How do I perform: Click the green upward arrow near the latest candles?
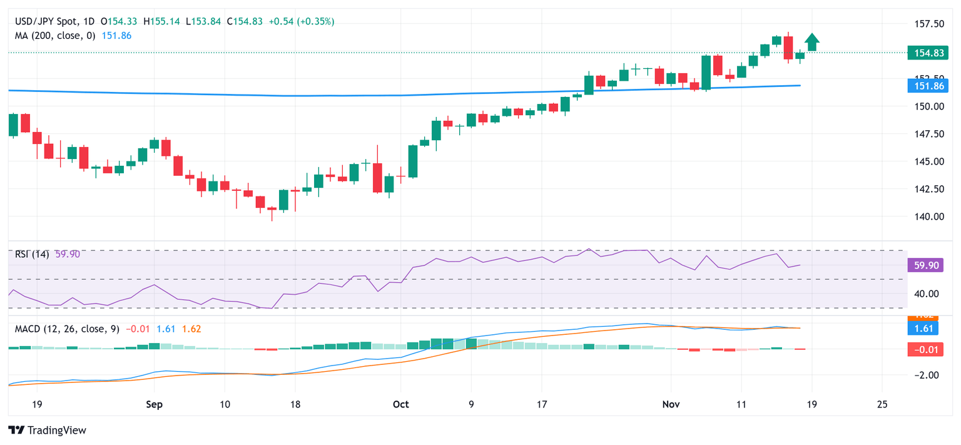pos(812,41)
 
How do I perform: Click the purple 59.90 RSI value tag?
pos(926,265)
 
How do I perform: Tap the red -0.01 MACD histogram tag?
pos(926,349)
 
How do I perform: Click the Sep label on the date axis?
pos(154,404)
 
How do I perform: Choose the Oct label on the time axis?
pos(401,404)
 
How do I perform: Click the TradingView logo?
pos(47,431)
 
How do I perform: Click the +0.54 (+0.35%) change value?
pos(302,21)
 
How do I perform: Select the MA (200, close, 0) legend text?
pos(55,36)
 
